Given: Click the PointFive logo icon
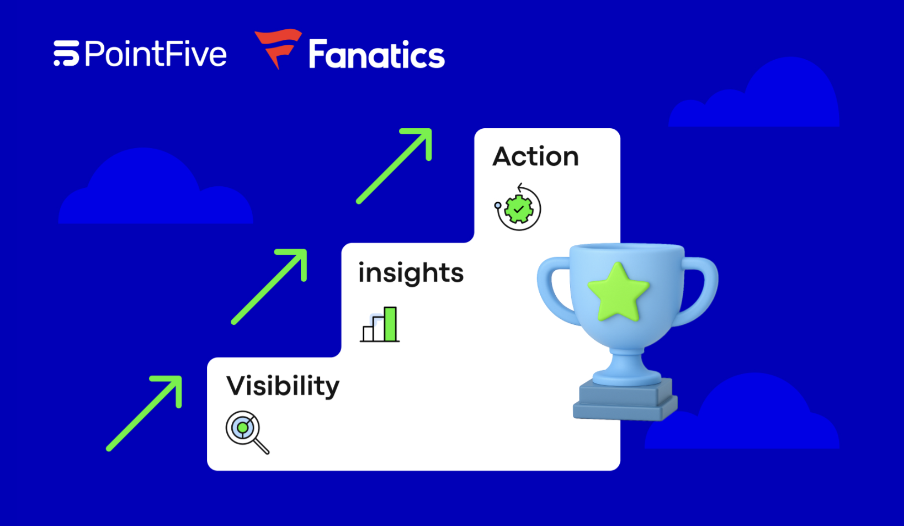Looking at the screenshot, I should [x=66, y=54].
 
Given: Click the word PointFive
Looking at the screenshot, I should [x=156, y=54].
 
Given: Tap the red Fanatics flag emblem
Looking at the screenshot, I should [x=278, y=48].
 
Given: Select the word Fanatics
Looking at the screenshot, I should [x=376, y=55].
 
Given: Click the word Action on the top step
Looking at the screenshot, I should [x=535, y=156].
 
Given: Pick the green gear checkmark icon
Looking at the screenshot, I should [x=518, y=208].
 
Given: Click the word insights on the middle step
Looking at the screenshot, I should [x=411, y=273].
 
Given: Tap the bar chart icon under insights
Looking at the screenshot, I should [x=380, y=325].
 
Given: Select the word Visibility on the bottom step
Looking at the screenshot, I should [x=283, y=386].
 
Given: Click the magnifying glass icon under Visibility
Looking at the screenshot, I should [x=247, y=432].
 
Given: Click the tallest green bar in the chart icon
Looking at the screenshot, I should [x=390, y=324].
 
